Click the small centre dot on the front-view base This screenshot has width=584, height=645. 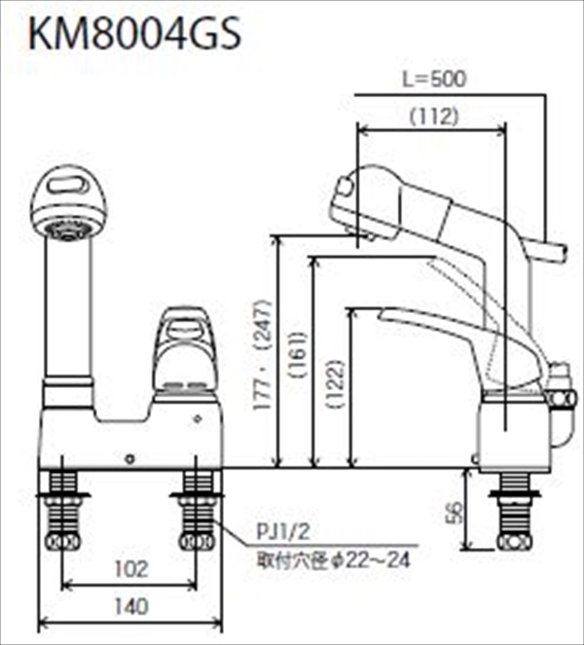129,454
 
